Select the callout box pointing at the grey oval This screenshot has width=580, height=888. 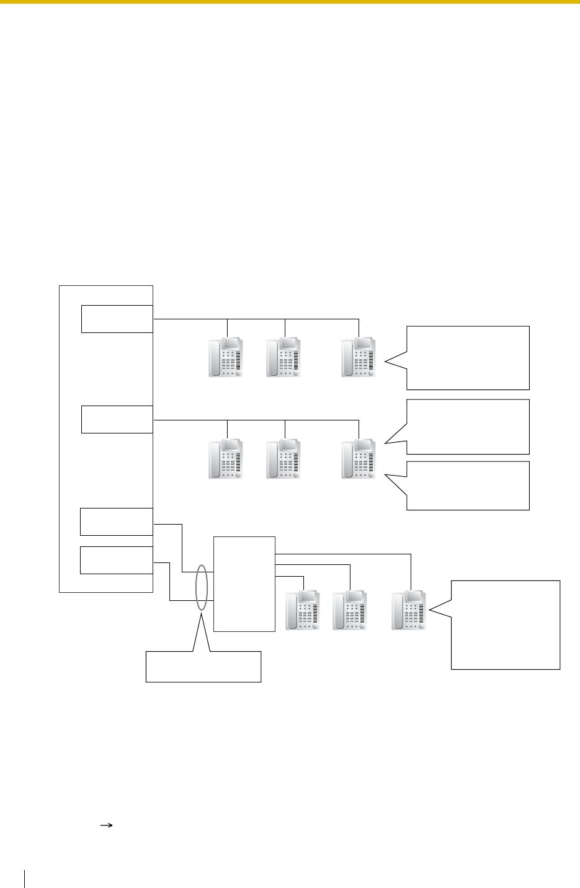(203, 667)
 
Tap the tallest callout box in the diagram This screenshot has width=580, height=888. (506, 624)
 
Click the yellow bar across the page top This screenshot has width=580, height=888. (290, 2)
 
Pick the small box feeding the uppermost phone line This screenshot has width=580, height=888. (117, 319)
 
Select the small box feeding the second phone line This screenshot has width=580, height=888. (117, 419)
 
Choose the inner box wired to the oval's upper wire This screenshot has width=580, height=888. (117, 522)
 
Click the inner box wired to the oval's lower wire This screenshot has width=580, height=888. (117, 560)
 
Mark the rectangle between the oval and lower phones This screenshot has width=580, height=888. (244, 584)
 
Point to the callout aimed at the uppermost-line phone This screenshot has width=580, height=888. (468, 357)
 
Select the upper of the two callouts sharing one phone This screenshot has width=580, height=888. (468, 427)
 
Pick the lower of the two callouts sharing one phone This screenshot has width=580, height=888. (468, 486)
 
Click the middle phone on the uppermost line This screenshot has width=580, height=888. (284, 357)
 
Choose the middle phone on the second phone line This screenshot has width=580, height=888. (284, 460)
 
